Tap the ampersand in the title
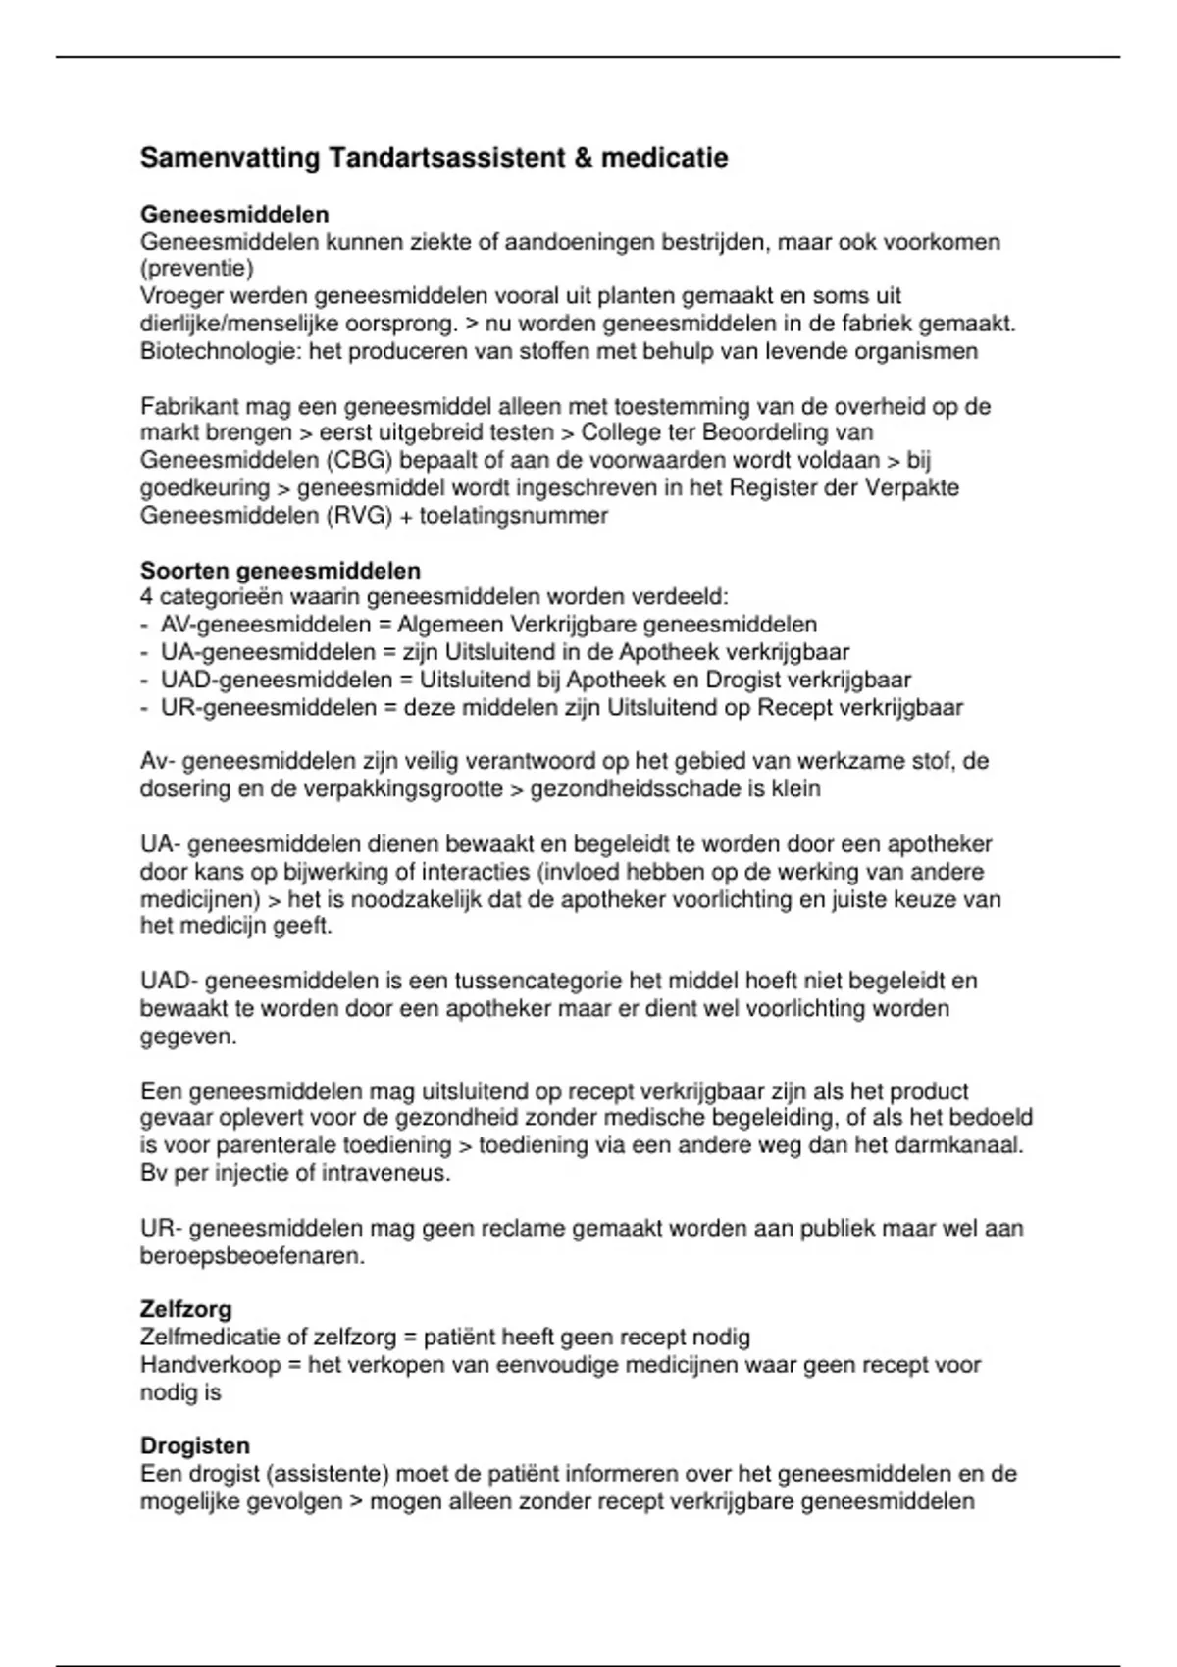(584, 158)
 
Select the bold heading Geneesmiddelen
(234, 214)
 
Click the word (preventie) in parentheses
(196, 269)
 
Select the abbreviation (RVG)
(360, 515)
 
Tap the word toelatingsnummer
(513, 515)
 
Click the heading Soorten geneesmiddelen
(281, 571)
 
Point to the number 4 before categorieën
(146, 597)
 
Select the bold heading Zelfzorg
(185, 1309)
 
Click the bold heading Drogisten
(195, 1445)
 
